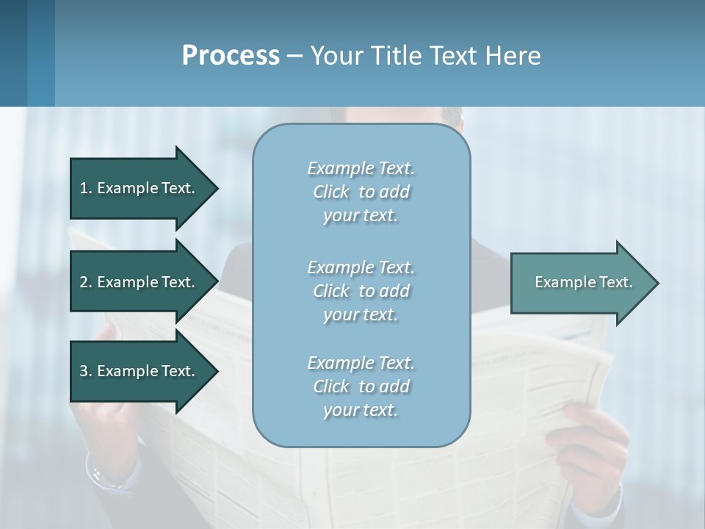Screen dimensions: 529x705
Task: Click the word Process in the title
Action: (231, 56)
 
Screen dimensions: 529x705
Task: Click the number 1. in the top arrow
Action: (86, 188)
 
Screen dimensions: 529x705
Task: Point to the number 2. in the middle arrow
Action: (86, 282)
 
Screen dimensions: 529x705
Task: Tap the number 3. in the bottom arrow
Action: (86, 371)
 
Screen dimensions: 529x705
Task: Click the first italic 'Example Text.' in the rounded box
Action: (361, 168)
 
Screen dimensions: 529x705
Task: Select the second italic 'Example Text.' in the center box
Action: (361, 267)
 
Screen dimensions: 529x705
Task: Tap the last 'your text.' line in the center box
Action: (361, 410)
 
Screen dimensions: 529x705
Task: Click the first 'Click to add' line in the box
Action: (361, 192)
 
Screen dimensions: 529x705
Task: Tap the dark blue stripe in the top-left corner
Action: (13, 51)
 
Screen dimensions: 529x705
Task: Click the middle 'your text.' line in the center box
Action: (361, 314)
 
